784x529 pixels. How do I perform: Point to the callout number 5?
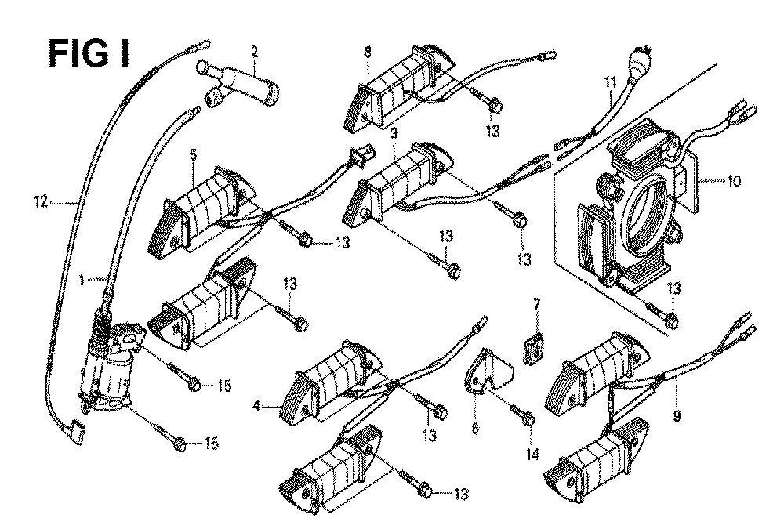[x=192, y=155]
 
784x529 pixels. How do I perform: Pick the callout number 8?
[x=367, y=54]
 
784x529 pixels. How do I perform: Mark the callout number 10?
[x=734, y=181]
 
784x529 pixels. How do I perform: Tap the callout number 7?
[x=537, y=303]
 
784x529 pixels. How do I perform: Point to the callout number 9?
[x=677, y=417]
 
